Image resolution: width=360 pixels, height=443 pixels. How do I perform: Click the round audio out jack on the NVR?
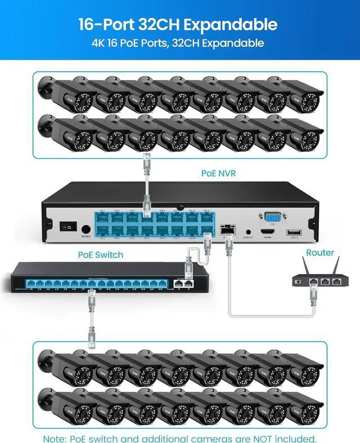click(x=248, y=231)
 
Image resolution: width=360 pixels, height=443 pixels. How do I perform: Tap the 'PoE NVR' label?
click(x=218, y=173)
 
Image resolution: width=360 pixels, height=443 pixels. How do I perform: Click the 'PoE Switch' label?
click(x=100, y=255)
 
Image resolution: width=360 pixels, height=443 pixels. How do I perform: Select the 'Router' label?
click(x=319, y=253)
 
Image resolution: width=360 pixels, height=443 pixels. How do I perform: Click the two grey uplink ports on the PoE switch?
click(x=182, y=283)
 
